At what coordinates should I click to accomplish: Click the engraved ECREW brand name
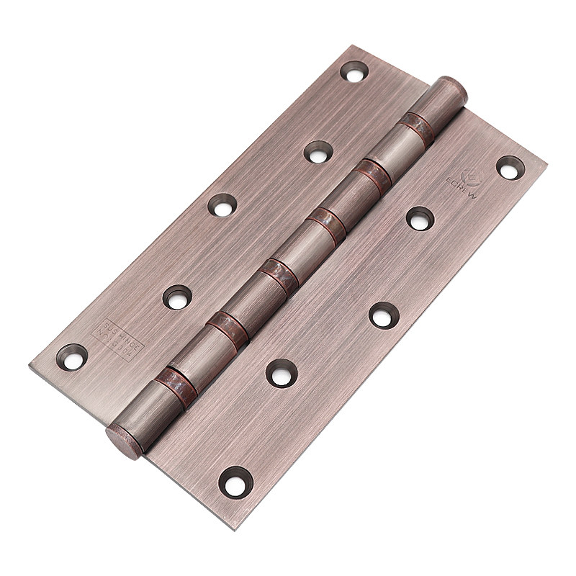click(461, 189)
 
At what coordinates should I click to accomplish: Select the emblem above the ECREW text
click(471, 176)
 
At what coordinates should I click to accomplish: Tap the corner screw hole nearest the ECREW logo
click(510, 167)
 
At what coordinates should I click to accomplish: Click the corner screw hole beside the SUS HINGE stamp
click(72, 356)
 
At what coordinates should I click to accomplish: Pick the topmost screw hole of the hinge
click(354, 71)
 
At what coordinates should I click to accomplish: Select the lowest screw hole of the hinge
click(235, 481)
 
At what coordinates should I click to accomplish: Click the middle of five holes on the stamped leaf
click(222, 204)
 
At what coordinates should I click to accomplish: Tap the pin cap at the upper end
click(451, 90)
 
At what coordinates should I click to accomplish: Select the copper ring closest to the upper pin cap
click(418, 127)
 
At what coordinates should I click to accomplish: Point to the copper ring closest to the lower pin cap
click(177, 386)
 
